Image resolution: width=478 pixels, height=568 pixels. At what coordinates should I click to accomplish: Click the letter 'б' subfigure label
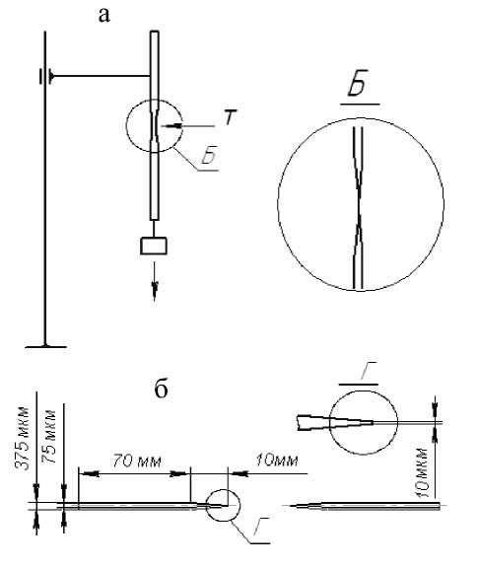(x=161, y=390)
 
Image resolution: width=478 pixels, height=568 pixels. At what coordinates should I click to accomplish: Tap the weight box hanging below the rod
(x=154, y=246)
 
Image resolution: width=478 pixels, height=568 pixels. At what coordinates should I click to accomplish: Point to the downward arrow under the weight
(x=155, y=281)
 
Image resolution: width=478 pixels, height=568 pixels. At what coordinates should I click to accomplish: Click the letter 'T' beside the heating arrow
(x=230, y=116)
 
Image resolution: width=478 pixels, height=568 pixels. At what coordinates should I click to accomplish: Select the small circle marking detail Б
(x=126, y=125)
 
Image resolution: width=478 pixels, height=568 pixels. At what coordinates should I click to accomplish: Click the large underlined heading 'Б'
(x=358, y=83)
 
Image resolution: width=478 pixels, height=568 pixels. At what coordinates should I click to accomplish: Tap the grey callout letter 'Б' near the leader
(x=210, y=155)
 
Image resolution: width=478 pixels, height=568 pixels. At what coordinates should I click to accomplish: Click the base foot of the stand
(x=45, y=347)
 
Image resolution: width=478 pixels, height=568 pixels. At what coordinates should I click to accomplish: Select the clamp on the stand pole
(x=47, y=76)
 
